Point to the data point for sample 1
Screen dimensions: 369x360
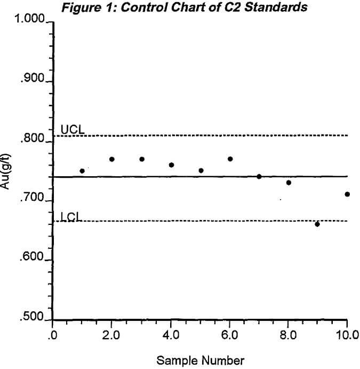point(82,171)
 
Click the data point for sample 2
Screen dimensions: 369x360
point(112,159)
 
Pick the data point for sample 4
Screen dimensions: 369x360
point(171,165)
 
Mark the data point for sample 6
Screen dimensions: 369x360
point(230,159)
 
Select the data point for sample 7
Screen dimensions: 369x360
point(259,176)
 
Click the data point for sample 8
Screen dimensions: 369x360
point(289,183)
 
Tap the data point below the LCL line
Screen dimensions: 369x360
point(317,224)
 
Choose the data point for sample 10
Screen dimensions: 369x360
point(347,194)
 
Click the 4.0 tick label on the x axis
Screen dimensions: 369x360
point(171,336)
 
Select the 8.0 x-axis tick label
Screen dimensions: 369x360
point(289,336)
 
